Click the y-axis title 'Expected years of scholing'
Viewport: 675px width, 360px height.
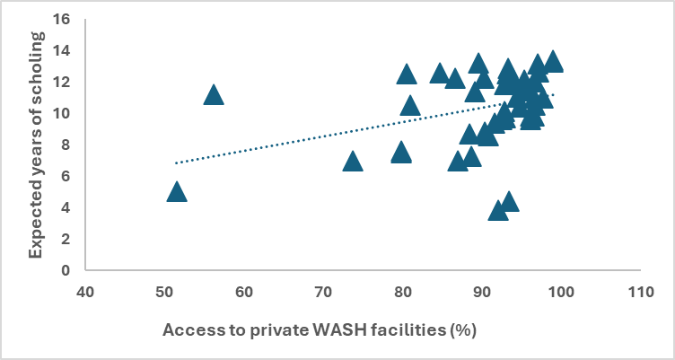tap(36, 145)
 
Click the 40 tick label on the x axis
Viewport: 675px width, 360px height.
tap(84, 292)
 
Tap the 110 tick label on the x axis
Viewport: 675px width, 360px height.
tap(640, 292)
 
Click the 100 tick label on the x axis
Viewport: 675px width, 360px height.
tap(561, 292)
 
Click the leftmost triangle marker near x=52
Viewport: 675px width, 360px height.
tap(177, 192)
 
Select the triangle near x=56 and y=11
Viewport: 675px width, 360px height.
tap(213, 95)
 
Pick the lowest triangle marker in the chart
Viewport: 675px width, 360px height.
tap(498, 211)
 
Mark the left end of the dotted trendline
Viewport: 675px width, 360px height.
tap(175, 162)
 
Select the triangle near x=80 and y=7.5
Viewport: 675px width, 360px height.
tap(401, 153)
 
